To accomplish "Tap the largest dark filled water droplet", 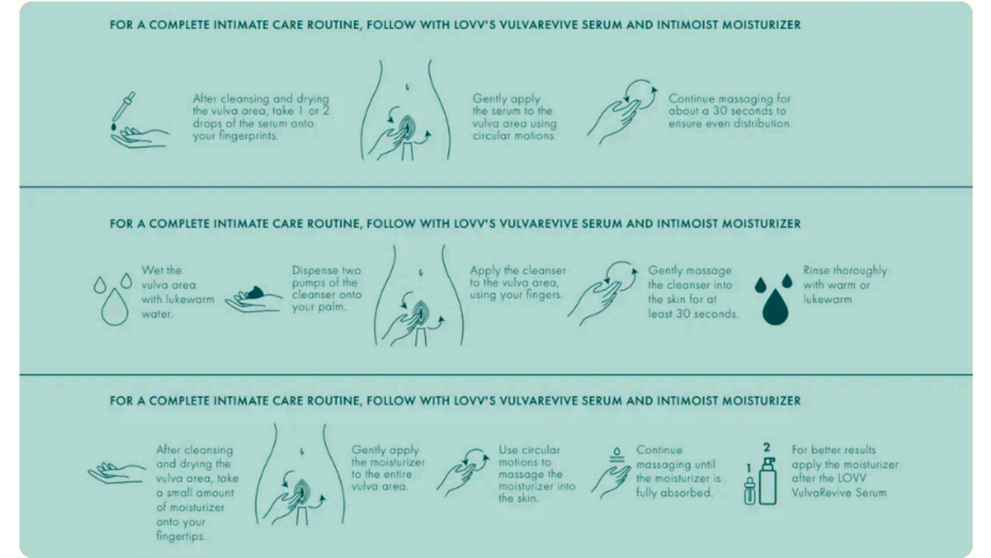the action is point(775,307).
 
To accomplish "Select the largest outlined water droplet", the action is point(115,307).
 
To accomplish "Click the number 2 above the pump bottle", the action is point(766,447).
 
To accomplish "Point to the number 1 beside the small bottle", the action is point(749,468).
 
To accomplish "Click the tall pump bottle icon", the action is point(768,481).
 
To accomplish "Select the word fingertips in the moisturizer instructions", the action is point(181,536).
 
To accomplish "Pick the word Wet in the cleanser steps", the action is point(151,270).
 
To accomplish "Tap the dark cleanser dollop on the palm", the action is point(255,292).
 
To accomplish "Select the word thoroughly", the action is point(860,270).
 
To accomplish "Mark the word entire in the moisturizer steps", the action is point(397,474).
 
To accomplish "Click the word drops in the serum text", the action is point(206,123).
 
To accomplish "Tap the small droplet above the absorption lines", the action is point(616,452).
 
